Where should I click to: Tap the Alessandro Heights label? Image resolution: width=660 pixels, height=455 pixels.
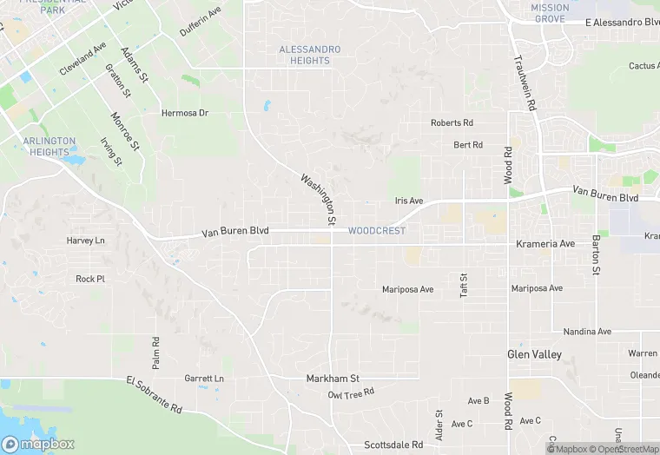(x=310, y=55)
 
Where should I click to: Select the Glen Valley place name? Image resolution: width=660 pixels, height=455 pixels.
(x=534, y=354)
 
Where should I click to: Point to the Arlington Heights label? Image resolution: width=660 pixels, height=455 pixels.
(x=49, y=146)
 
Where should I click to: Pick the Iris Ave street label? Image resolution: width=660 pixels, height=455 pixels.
(x=408, y=201)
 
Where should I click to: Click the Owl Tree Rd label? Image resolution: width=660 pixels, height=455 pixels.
(x=351, y=394)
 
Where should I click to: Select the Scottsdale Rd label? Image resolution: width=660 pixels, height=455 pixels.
(x=393, y=445)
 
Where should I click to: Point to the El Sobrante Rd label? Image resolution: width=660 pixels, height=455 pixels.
(x=154, y=394)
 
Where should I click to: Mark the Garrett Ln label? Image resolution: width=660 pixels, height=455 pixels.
(x=204, y=379)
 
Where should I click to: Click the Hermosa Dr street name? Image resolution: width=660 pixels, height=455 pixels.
(x=185, y=113)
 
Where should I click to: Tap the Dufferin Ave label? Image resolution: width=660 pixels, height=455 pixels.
(x=201, y=22)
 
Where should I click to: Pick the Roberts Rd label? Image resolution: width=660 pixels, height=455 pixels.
(x=452, y=123)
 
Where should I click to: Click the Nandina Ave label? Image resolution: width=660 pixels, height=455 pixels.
(x=587, y=332)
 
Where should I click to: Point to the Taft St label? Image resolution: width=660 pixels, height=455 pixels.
(x=464, y=286)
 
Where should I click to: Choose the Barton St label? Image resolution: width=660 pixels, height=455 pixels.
(x=597, y=254)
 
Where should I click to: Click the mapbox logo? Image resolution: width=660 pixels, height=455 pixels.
(x=37, y=444)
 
